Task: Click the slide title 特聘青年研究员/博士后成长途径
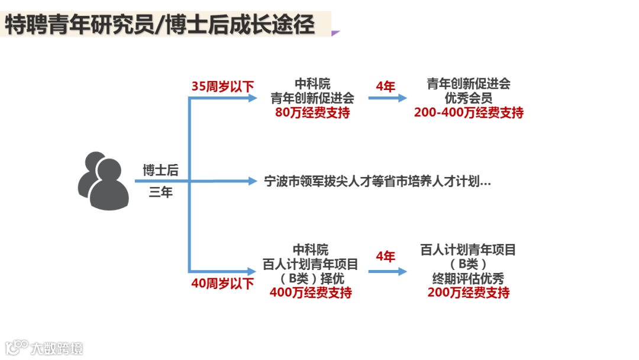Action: coord(160,25)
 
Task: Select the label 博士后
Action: coord(160,171)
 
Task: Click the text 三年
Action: coord(160,192)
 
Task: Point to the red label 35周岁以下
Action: coord(222,86)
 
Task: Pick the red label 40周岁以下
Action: coord(222,284)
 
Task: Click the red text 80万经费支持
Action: coord(312,112)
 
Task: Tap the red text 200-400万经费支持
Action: coord(469,112)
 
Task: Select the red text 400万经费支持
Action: coord(311,292)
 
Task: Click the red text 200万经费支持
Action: coord(468,292)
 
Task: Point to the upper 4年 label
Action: coord(385,86)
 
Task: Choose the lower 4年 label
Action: coord(385,256)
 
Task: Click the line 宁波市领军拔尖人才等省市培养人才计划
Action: coord(377,181)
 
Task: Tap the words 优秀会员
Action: coord(469,98)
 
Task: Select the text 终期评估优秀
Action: coord(468,278)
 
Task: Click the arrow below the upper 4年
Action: coord(388,98)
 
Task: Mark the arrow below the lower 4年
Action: coord(388,271)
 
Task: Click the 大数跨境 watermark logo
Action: coord(44,348)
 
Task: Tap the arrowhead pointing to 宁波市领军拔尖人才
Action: coord(254,181)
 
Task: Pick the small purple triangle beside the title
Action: coord(335,33)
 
